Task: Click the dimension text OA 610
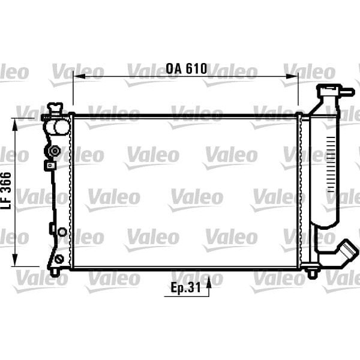coord(187,69)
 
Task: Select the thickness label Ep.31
coord(185,289)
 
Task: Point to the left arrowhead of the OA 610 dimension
coord(77,77)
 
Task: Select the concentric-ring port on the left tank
coord(55,150)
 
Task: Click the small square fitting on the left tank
coord(49,164)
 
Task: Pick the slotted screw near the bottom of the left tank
coord(58,259)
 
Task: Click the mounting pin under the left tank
coord(54,272)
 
